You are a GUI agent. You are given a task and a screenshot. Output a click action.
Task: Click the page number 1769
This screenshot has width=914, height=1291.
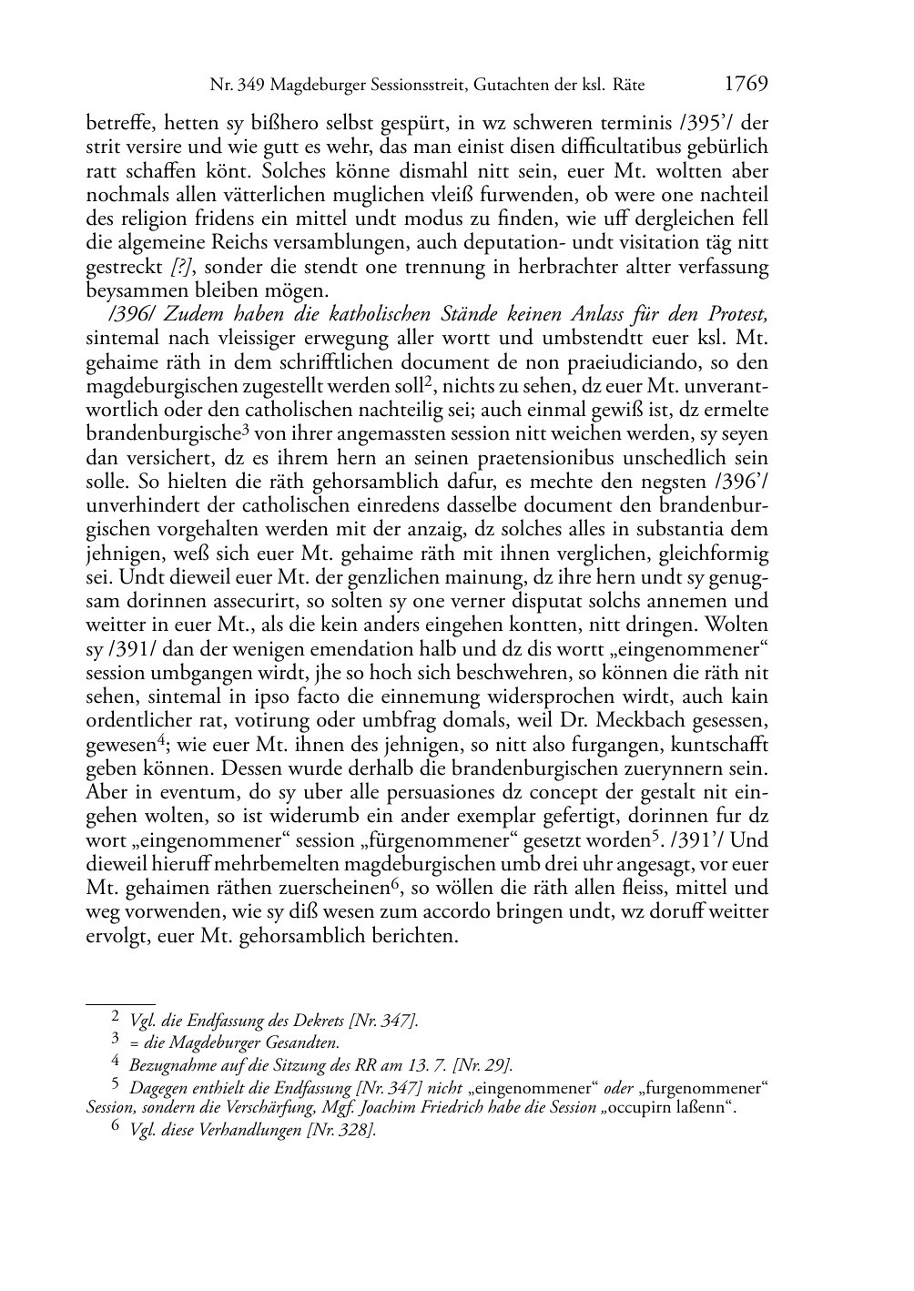tap(746, 84)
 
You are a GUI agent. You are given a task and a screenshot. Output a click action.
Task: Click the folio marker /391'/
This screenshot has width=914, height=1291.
tap(706, 839)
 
